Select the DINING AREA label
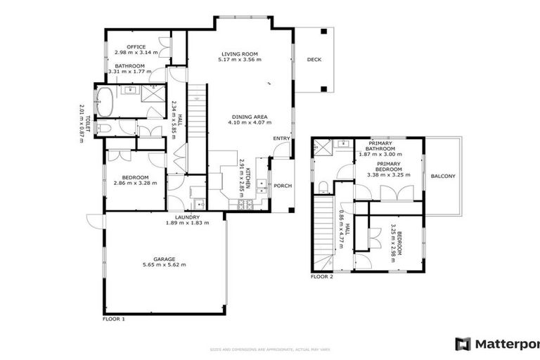pos(248,117)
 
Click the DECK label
pos(314,60)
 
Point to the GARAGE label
pos(165,259)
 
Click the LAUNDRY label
pos(187,217)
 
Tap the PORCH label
pos(283,186)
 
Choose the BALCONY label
pos(443,176)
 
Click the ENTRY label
pos(281,139)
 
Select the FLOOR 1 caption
pos(113,319)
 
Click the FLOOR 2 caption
pos(321,277)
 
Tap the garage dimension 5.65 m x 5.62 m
pos(165,266)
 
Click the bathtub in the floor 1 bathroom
pos(104,102)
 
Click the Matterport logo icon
pos(463,344)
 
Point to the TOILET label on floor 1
pos(89,123)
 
